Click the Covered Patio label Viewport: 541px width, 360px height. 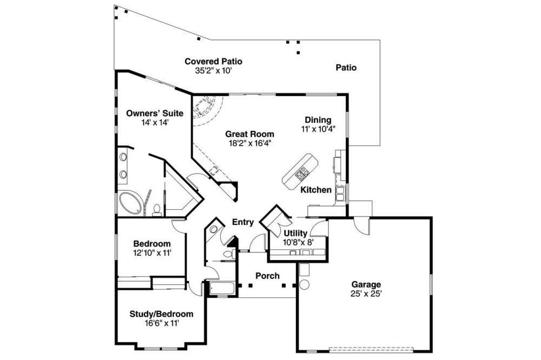click(x=213, y=62)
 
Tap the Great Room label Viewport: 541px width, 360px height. click(x=249, y=134)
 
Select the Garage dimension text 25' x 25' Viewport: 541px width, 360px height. click(x=366, y=294)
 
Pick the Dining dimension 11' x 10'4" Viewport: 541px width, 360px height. click(x=318, y=129)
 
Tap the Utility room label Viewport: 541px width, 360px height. click(x=295, y=233)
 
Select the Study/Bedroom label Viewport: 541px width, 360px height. click(x=161, y=314)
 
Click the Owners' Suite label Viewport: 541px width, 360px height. click(x=155, y=113)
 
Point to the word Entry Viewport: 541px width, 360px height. click(x=243, y=222)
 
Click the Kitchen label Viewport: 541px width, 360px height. click(x=316, y=190)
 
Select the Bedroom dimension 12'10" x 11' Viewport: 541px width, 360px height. click(x=152, y=253)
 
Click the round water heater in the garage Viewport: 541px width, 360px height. click(x=304, y=284)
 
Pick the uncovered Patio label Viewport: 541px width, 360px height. click(x=346, y=68)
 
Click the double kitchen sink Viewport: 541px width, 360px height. click(x=340, y=194)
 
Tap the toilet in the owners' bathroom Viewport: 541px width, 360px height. click(x=157, y=210)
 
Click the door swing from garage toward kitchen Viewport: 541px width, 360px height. click(x=360, y=226)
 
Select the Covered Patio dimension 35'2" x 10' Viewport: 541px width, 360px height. click(x=213, y=71)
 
